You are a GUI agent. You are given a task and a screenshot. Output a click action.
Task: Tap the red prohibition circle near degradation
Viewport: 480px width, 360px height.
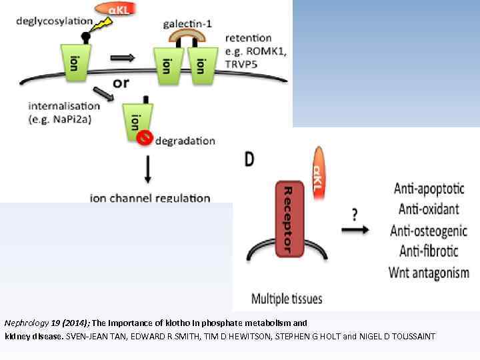[x=142, y=137]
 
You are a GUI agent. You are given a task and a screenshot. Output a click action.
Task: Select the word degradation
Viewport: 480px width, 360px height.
[x=185, y=141]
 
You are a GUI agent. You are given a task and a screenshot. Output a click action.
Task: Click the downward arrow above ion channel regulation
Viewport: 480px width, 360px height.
[x=147, y=173]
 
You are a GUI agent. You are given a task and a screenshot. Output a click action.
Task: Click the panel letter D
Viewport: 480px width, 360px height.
[x=249, y=160]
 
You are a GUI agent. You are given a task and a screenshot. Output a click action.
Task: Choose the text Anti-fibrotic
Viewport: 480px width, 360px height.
[x=429, y=252]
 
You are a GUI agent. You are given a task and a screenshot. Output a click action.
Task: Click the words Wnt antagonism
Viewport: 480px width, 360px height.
[x=429, y=273]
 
